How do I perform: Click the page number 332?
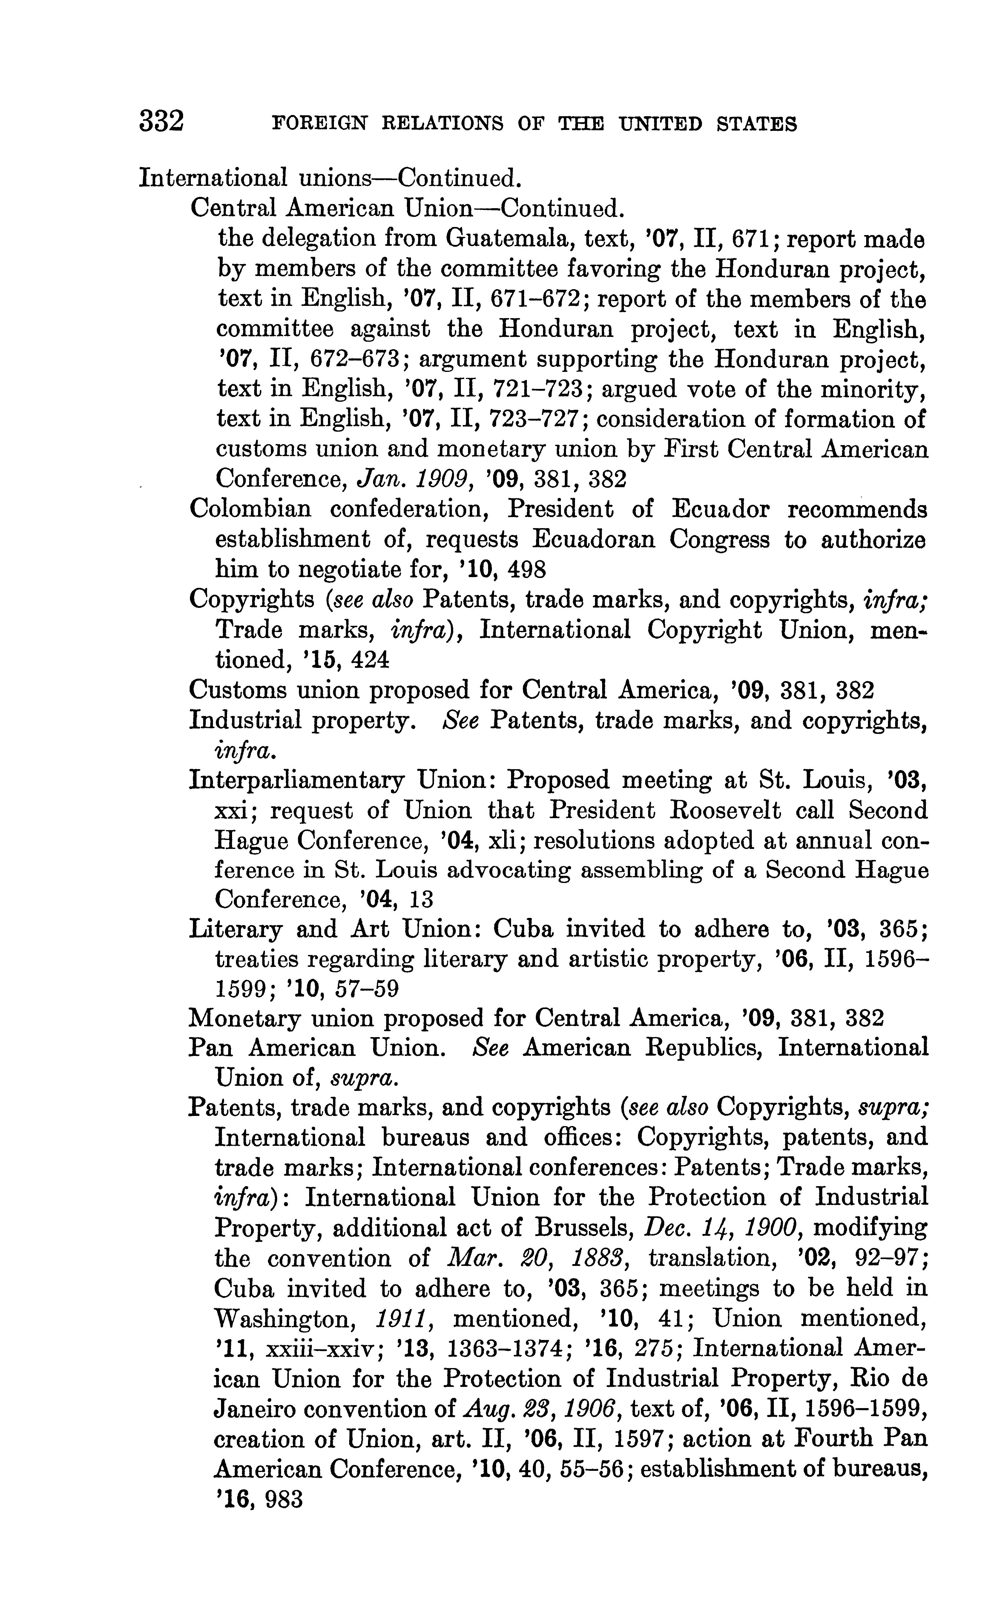coord(161,122)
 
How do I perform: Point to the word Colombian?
coord(251,509)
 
